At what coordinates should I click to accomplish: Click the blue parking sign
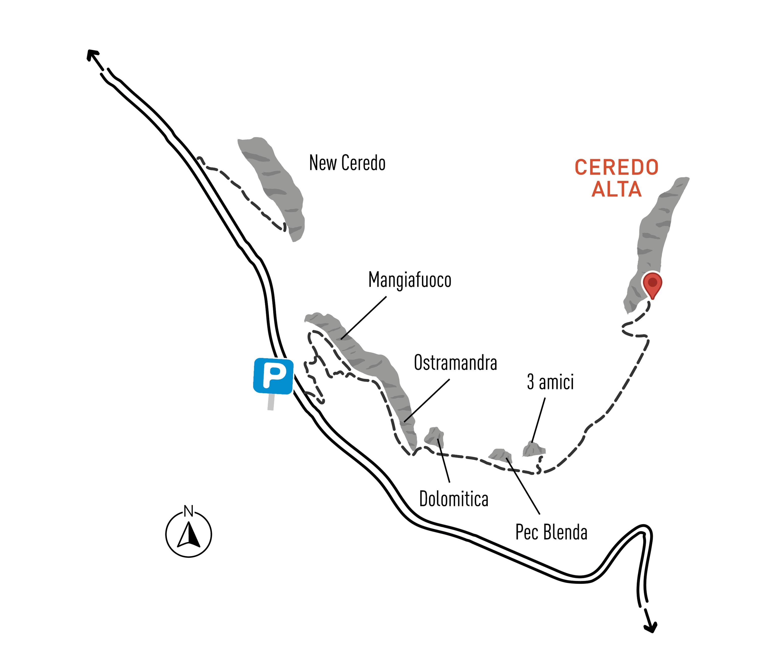click(273, 376)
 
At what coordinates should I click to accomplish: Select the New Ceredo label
click(347, 163)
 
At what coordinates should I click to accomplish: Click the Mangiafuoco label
click(410, 280)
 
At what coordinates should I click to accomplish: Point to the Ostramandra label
click(455, 363)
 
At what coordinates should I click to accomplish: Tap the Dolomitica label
click(454, 499)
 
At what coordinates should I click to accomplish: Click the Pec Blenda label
click(551, 532)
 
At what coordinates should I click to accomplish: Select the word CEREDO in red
click(616, 168)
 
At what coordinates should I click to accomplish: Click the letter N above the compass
click(188, 511)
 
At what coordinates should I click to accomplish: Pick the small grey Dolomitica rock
click(435, 436)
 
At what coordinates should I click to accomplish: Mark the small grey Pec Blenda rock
click(500, 455)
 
